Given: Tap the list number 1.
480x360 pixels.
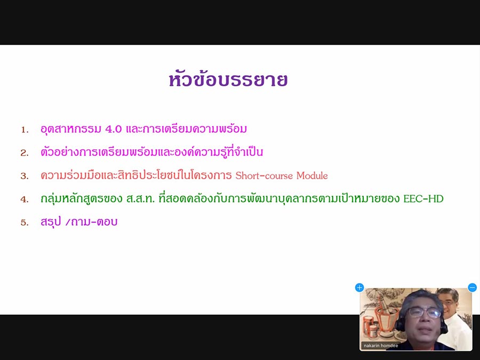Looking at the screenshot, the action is tap(25, 130).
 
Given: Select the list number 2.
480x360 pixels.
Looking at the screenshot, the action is tap(25, 153).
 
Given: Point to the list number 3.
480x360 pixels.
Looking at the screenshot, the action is tap(25, 176).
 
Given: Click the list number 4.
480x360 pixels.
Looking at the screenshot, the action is tap(25, 199).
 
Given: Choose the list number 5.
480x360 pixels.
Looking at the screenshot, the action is tap(25, 222).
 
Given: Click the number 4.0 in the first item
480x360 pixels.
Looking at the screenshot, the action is tap(113, 129).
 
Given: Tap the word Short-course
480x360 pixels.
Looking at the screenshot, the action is tap(264, 175).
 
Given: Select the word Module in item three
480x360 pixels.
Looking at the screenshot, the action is tap(312, 175).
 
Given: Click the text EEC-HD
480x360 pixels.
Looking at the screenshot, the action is tap(423, 199).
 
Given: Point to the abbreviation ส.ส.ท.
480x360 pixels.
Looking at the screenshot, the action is tap(140, 199).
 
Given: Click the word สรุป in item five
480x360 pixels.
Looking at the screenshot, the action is tap(51, 222).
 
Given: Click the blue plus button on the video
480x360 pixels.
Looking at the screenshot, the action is tap(359, 287).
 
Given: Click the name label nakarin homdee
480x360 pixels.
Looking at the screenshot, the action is tap(381, 346).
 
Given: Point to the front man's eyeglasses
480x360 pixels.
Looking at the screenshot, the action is tap(425, 313).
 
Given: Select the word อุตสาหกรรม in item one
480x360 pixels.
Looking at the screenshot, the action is tap(71, 129).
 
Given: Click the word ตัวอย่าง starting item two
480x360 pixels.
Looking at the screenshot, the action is tap(59, 151).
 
